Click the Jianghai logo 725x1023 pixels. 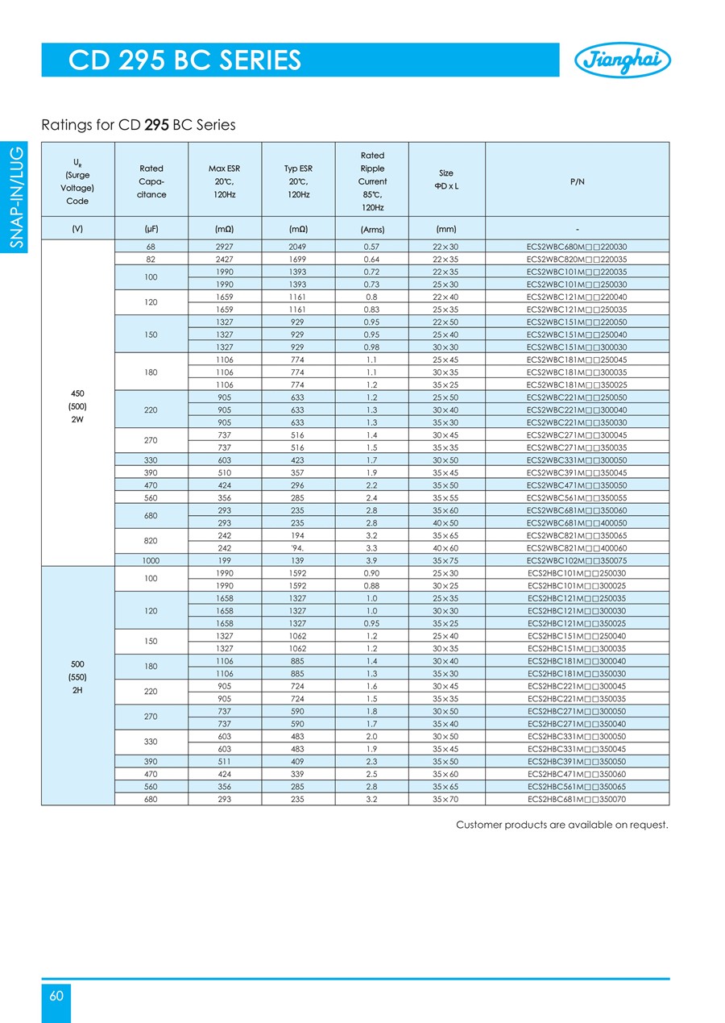point(621,60)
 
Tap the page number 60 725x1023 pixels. point(56,996)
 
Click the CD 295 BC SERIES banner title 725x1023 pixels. point(185,60)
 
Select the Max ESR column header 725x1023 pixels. point(225,181)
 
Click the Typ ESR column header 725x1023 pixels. point(298,181)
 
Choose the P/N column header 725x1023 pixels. point(577,181)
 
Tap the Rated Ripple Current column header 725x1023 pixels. point(371,181)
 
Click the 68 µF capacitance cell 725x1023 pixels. point(151,247)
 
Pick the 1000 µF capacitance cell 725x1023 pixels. point(151,559)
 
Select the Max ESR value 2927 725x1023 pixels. point(225,247)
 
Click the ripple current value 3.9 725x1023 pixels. point(371,559)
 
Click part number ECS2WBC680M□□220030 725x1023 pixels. point(577,247)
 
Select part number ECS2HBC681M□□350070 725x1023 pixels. point(577,799)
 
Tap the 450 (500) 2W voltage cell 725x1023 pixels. point(78,406)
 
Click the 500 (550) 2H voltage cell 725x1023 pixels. point(78,676)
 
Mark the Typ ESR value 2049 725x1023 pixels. point(298,247)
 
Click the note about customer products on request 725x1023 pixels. point(562,825)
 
